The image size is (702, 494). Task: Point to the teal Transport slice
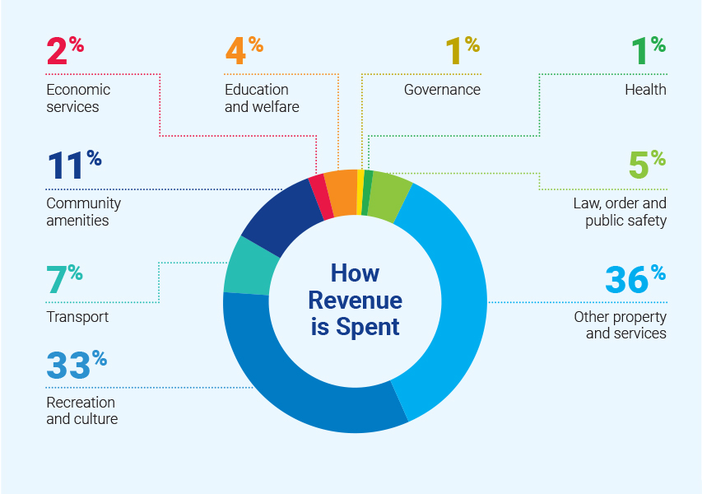pyautogui.click(x=244, y=265)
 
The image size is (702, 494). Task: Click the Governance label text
pyautogui.click(x=442, y=90)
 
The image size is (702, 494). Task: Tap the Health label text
pyautogui.click(x=646, y=90)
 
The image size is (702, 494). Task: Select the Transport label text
pyautogui.click(x=77, y=317)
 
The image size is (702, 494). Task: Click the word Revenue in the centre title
pyautogui.click(x=355, y=300)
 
